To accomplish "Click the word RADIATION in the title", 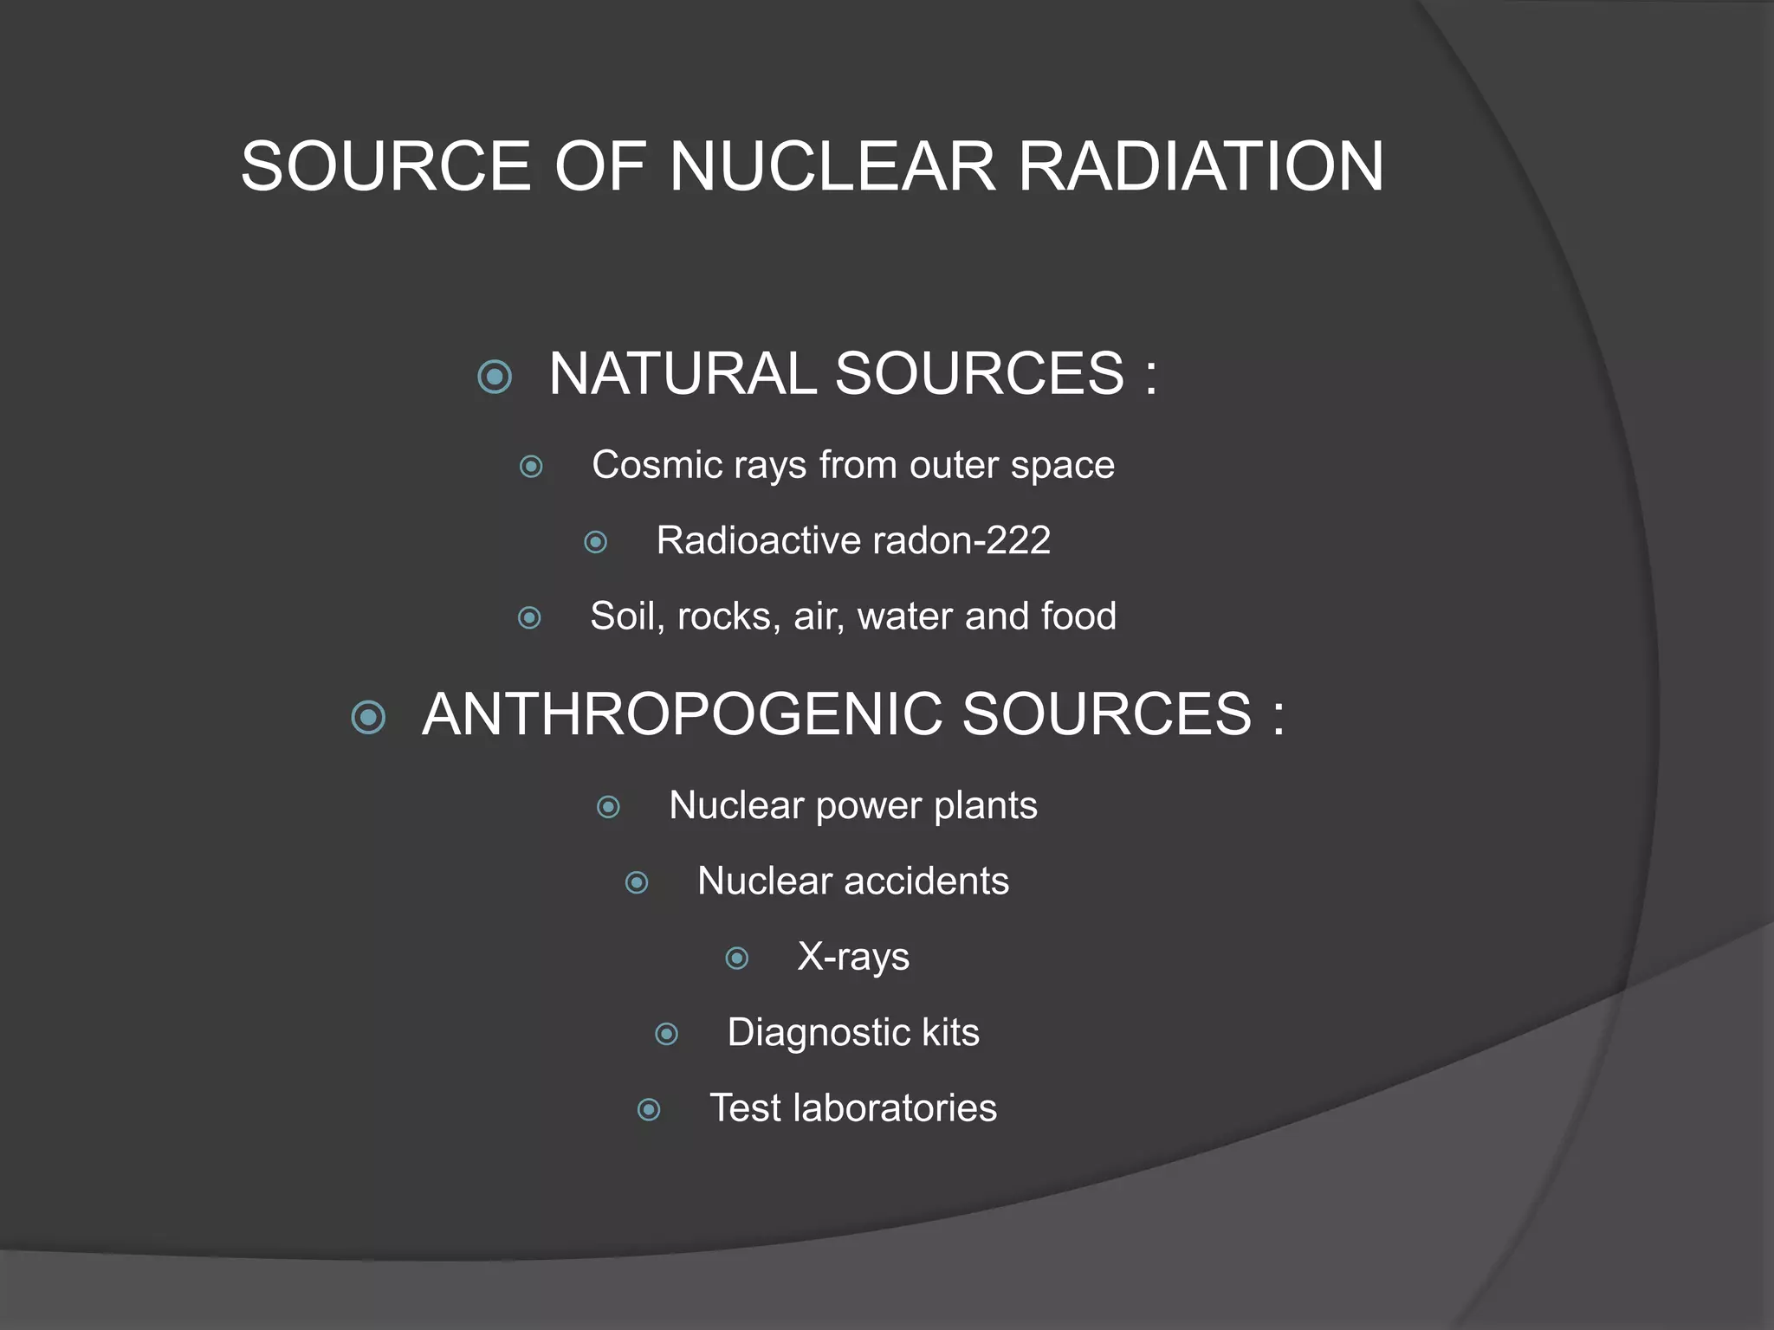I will click(1201, 166).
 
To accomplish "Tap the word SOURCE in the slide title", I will click(385, 166).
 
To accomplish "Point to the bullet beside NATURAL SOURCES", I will click(495, 377).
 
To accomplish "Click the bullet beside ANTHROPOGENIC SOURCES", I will click(369, 717).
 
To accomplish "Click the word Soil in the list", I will click(622, 617).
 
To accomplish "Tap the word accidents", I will click(926, 881).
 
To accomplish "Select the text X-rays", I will click(853, 958).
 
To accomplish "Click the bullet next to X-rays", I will click(737, 958).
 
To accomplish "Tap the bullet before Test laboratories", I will click(649, 1109).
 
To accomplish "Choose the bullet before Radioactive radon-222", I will click(596, 542).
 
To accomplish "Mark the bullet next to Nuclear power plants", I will click(609, 807).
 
